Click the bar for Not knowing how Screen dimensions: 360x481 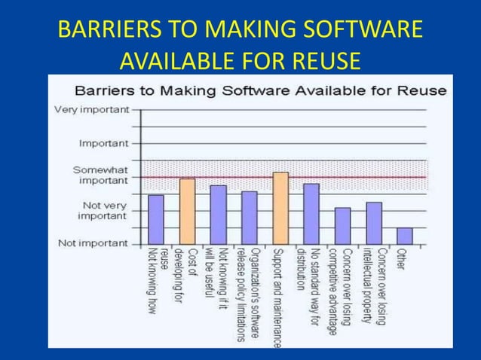[156, 219]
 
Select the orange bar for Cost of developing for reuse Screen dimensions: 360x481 [187, 211]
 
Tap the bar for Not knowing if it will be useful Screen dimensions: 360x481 [218, 215]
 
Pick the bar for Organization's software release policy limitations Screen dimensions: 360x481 [249, 218]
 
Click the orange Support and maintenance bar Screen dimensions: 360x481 [280, 208]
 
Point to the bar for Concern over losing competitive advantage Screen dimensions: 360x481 [342, 226]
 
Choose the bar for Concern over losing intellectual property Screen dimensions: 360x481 [374, 223]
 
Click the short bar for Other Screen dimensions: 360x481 [405, 236]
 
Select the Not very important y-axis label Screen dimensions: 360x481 [104, 210]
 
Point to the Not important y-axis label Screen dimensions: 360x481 [92, 243]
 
